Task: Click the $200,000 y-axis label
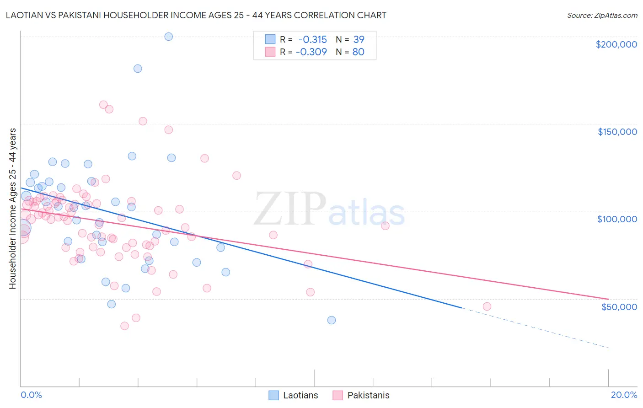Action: pyautogui.click(x=616, y=44)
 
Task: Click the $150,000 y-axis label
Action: pyautogui.click(x=617, y=132)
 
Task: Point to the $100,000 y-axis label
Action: pyautogui.click(x=617, y=219)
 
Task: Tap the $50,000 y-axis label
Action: pyautogui.click(x=619, y=306)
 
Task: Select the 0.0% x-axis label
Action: pyautogui.click(x=31, y=395)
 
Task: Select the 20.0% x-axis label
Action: pyautogui.click(x=624, y=395)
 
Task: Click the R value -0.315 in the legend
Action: pyautogui.click(x=313, y=40)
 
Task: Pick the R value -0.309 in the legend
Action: pyautogui.click(x=311, y=52)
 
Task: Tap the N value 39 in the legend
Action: pyautogui.click(x=359, y=40)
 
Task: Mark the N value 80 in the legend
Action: pyautogui.click(x=358, y=52)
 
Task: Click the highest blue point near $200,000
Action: pyautogui.click(x=169, y=37)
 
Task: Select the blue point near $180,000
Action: pyautogui.click(x=138, y=69)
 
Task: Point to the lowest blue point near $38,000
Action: pyautogui.click(x=332, y=320)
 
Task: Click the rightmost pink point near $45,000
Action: pyautogui.click(x=487, y=306)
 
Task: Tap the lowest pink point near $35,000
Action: pyautogui.click(x=124, y=326)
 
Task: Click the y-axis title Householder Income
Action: pyautogui.click(x=12, y=208)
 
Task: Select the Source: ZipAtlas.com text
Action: pyautogui.click(x=602, y=16)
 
